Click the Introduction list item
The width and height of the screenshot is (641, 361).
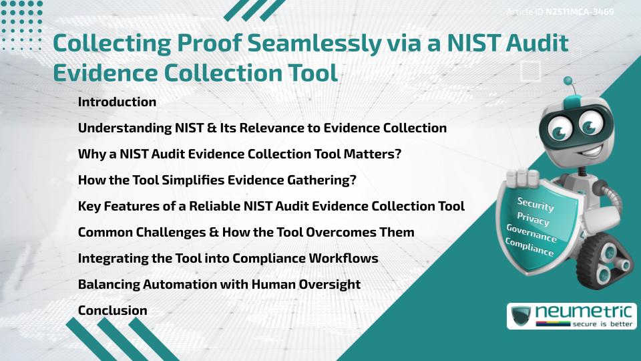(117, 102)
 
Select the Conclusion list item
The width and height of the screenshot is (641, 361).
(112, 310)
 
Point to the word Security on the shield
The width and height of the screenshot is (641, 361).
(536, 204)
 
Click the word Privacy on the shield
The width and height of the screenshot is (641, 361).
(533, 220)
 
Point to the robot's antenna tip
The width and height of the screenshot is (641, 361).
(568, 81)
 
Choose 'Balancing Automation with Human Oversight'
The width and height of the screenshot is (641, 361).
(219, 284)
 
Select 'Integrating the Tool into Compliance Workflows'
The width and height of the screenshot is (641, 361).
(228, 258)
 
